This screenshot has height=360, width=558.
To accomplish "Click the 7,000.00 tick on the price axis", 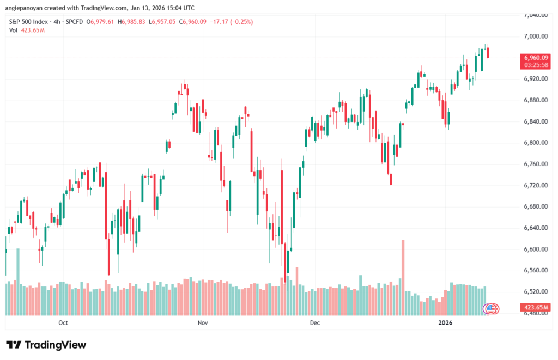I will point(536,36).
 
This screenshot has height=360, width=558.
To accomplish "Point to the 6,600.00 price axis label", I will point(536,249).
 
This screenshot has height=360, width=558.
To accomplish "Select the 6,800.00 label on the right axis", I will point(536,143).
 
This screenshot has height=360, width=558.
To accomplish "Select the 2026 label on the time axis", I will point(445,323).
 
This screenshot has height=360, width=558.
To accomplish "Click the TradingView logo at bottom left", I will point(46,345).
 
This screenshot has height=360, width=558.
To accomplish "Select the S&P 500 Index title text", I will point(29,22).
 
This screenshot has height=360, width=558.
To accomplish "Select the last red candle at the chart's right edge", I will point(488,52).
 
